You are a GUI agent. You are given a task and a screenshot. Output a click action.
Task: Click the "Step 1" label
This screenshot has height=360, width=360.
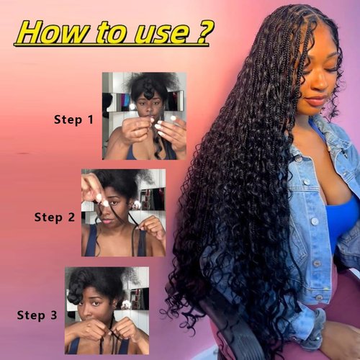73,120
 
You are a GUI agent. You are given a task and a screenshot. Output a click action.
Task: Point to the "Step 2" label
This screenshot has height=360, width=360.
54,216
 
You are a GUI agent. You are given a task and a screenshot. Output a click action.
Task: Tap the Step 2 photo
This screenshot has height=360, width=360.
122,213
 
